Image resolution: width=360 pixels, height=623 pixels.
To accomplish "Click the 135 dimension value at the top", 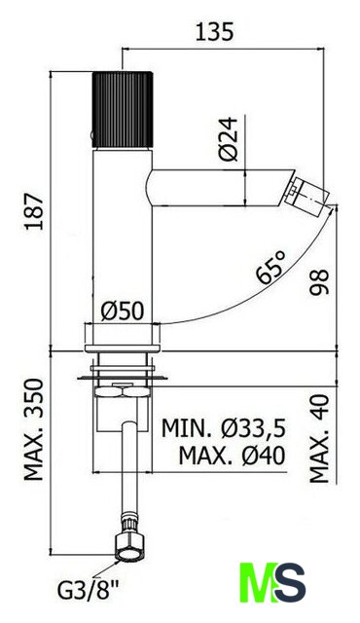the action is (214, 32).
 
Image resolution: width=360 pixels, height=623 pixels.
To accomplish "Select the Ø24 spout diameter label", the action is (229, 138).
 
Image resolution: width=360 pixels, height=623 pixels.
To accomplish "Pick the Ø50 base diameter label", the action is (122, 311).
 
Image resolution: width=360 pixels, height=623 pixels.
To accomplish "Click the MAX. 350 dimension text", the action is (34, 429).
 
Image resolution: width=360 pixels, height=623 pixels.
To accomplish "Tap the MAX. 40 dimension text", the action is (319, 438).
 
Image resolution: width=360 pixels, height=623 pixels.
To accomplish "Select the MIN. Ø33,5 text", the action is (224, 428).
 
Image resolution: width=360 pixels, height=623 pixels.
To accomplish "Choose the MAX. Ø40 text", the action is (232, 456).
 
